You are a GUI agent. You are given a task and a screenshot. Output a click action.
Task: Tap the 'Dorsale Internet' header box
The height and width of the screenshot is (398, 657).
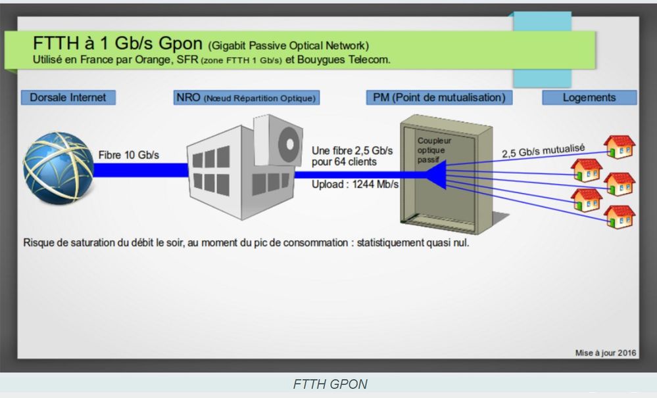68,97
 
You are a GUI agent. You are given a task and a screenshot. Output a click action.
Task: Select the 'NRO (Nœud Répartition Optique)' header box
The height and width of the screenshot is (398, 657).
247,98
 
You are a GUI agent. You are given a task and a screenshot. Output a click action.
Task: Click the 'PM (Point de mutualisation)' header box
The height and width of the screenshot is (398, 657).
439,97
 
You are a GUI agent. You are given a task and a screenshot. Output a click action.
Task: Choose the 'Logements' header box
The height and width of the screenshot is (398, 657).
589,97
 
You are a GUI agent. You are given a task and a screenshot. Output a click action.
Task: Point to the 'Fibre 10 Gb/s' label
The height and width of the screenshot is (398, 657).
129,156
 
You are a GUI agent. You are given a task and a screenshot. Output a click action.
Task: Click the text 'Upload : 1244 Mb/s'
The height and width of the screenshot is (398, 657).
355,185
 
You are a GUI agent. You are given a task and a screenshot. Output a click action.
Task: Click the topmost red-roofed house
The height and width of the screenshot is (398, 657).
620,147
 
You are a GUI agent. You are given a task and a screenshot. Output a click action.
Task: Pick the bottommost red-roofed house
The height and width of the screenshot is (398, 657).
620,217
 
